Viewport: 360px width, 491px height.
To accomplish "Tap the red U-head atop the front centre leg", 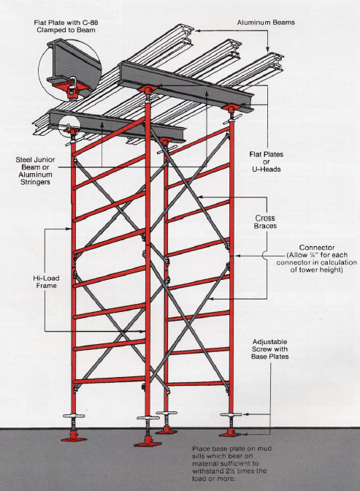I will pos(148,90).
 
